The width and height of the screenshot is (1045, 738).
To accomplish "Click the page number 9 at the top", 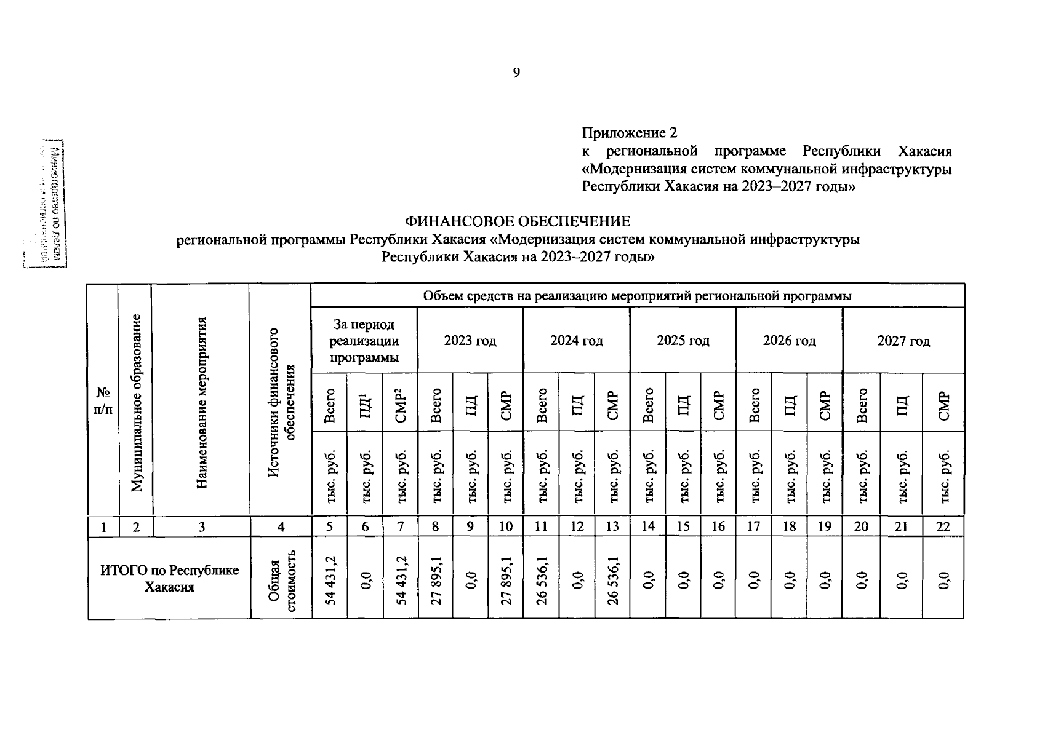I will click(516, 73).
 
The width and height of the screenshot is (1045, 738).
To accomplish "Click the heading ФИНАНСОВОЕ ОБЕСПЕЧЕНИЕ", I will click(517, 221).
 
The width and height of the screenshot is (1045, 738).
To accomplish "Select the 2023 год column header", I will click(470, 341).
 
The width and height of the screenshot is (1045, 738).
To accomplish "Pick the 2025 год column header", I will click(683, 341).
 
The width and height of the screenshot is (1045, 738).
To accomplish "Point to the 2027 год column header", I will click(903, 341).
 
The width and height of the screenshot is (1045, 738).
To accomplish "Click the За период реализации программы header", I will click(364, 341).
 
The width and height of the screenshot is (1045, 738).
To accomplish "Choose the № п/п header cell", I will click(103, 401).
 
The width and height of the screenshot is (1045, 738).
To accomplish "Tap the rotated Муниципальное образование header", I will click(136, 403).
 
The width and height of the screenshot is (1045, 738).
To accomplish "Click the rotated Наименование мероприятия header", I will click(201, 403).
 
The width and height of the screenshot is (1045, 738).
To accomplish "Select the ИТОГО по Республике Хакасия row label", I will click(169, 578).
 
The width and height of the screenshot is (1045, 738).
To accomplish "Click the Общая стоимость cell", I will click(281, 578).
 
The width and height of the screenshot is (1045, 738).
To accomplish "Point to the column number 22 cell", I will click(943, 526).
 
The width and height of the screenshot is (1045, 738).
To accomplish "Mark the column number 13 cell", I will click(612, 526).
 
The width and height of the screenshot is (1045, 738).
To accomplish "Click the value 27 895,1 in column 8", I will click(435, 578).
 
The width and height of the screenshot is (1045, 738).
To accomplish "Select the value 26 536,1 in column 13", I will click(612, 578).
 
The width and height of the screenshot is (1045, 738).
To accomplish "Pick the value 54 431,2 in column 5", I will click(330, 578).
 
